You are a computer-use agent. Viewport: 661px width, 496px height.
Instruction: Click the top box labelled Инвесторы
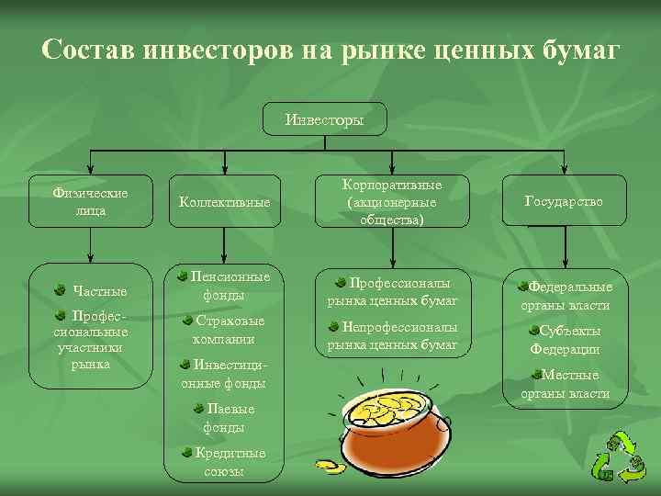pos(324,119)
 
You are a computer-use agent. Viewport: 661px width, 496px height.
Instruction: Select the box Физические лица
pos(90,201)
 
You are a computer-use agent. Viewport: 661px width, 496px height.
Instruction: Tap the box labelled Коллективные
pos(225,201)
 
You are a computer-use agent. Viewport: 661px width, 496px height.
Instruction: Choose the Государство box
pos(564,200)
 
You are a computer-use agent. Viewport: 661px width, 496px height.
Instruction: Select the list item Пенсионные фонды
pos(225,286)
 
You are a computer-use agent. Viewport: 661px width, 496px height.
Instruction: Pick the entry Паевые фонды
pos(224,418)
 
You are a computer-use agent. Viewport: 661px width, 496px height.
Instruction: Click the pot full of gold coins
pos(394,423)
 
